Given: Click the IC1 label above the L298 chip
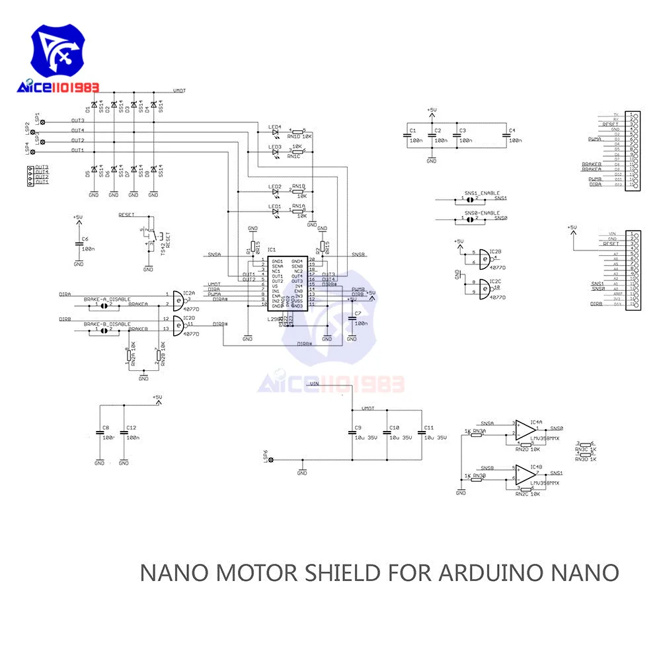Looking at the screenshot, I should coord(271,251).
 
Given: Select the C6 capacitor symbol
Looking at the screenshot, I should coord(79,245).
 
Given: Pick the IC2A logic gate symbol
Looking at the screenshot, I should coord(177,299).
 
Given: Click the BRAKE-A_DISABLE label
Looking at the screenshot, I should coord(107,299).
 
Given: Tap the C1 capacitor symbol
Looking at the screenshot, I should coord(408,136).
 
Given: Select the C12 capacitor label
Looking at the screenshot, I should coord(132,428).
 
